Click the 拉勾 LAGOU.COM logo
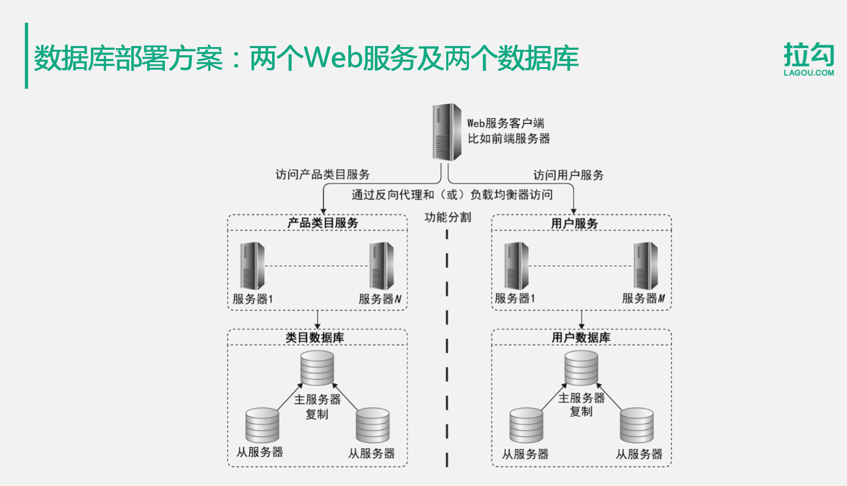pos(809,58)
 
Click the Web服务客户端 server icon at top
pos(447,133)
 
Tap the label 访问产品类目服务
pos(322,174)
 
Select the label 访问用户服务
pos(568,175)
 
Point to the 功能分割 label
pos(447,218)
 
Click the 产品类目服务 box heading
pos(322,223)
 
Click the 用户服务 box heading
pos(574,224)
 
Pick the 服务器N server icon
pos(382,266)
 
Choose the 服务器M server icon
pos(646,266)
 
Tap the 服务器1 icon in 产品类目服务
pos(253,266)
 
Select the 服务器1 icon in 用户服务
pos(517,266)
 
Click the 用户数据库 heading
pos(581,338)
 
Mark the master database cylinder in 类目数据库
pos(317,368)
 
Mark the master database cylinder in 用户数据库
pos(581,368)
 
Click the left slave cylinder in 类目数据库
pos(262,425)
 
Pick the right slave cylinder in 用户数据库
pos(637,425)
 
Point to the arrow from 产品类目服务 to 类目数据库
pos(317,319)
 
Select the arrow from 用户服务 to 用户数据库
pos(581,319)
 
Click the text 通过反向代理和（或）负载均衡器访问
pos(452,195)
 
